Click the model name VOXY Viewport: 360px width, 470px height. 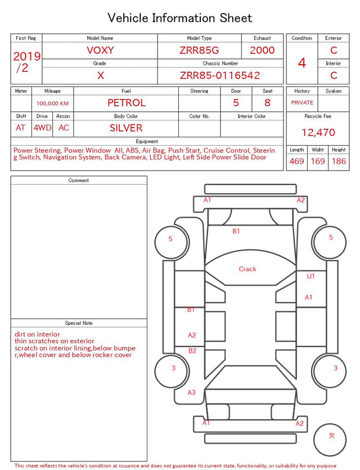[100, 50]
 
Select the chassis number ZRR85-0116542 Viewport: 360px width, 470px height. [220, 75]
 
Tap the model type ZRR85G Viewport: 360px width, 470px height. [199, 50]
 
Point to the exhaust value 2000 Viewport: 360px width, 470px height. [262, 50]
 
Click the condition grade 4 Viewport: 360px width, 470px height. [302, 63]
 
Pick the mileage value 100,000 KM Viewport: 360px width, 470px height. [52, 104]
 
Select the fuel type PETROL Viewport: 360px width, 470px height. [127, 103]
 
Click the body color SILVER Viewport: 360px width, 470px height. [126, 128]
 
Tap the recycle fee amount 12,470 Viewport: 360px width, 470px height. [318, 132]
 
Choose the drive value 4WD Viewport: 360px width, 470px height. [42, 128]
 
